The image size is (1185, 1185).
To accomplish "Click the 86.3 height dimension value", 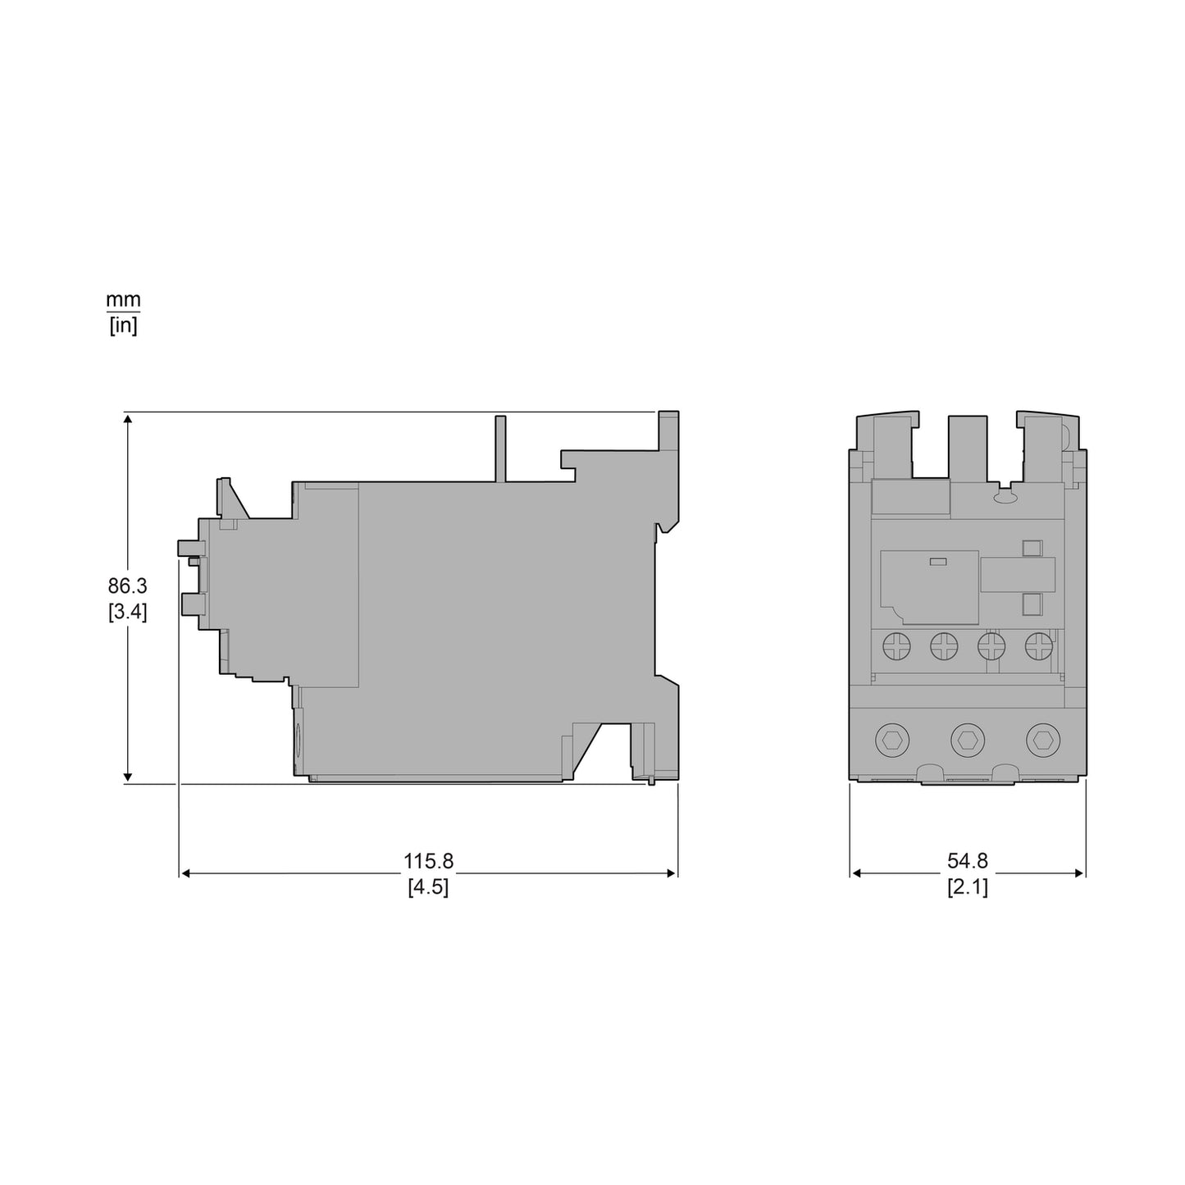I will pos(127,586).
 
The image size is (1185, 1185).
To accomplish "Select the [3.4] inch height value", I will pos(127,613).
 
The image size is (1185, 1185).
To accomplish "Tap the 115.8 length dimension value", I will pos(428,861).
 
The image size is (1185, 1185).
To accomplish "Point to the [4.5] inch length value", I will pos(428,887).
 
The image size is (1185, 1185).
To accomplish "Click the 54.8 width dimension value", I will pos(968,861).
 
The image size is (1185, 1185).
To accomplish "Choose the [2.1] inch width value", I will pos(968,887).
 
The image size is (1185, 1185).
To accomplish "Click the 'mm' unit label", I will pos(123,300).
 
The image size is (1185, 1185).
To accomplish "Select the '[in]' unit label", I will pos(123,326).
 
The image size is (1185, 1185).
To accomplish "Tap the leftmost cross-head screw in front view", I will pos(896,647).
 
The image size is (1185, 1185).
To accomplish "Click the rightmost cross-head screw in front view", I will pos(1039,647).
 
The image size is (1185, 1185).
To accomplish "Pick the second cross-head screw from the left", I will pos(944,647).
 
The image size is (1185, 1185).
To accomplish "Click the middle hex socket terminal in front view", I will pos(968,741).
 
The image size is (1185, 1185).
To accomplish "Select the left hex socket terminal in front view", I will pos(892,741).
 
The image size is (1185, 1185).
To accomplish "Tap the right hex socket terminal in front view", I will pos(1042,741).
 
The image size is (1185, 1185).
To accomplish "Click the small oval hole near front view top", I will pos(1004,497).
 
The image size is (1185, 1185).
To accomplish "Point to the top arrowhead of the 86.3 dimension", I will pos(127,420).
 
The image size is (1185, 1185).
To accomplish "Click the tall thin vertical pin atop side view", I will pos(500,449).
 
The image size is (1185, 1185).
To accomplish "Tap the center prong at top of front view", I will pos(968,447).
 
